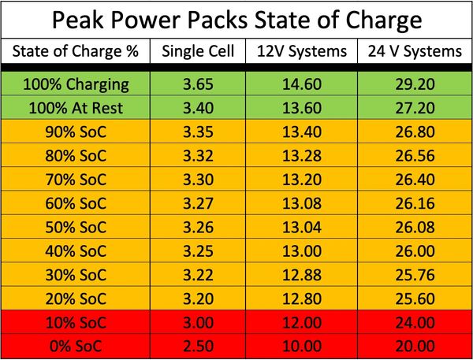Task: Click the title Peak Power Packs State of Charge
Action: tap(236, 18)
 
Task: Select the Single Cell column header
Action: tap(198, 52)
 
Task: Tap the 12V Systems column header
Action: tap(301, 52)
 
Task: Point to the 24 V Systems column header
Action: tap(412, 52)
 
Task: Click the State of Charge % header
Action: tap(76, 52)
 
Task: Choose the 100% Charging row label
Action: tap(76, 84)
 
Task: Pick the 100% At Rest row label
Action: tap(76, 106)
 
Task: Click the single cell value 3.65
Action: tap(198, 84)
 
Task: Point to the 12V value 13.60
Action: tap(301, 106)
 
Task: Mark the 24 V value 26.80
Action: tap(412, 128)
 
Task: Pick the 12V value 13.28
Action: tap(301, 149)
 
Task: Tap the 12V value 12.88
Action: tap(301, 277)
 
